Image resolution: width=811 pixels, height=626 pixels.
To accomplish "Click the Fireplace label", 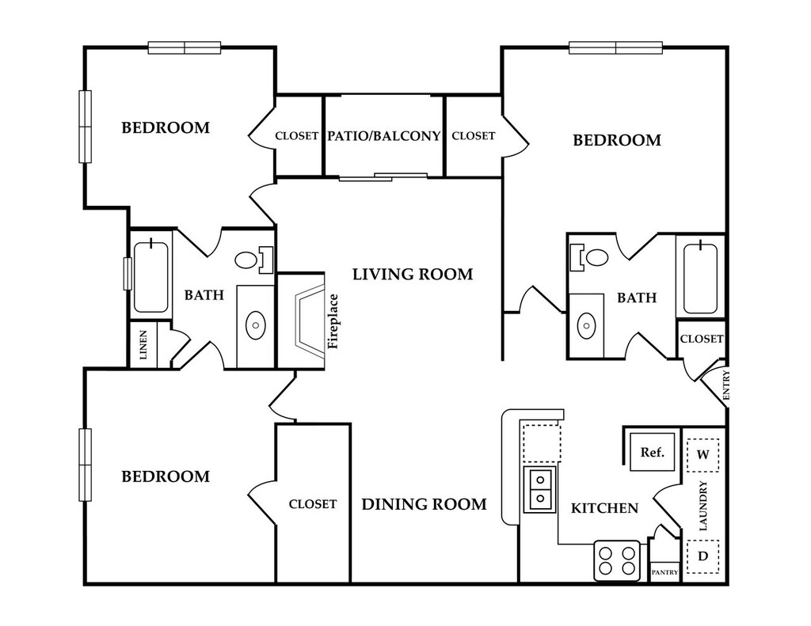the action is (x=333, y=321).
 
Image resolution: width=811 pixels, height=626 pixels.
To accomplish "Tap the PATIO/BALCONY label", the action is (x=384, y=135).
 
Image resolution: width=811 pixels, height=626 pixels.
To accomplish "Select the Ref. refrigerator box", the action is (x=653, y=453).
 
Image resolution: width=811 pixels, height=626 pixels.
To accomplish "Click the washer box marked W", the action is (x=702, y=455).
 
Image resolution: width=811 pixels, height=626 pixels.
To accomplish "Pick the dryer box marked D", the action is (x=702, y=556).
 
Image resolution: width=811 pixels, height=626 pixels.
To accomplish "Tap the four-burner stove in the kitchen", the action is (x=617, y=560).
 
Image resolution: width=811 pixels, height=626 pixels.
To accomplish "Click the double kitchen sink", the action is (x=540, y=489).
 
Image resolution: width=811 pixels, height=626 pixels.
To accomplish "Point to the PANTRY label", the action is (x=664, y=572).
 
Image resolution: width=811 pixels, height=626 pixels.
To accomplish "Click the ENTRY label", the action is (x=725, y=385).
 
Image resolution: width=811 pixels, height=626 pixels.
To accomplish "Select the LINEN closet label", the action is (x=143, y=345).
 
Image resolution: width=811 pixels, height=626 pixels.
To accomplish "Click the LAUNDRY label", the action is (x=703, y=506).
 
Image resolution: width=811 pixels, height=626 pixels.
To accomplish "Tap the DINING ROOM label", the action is (x=425, y=504).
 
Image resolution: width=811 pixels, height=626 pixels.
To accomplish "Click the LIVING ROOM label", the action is (x=413, y=274).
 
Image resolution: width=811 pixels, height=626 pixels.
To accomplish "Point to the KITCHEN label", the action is (x=604, y=508).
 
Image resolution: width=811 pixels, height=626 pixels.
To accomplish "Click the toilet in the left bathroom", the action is (x=253, y=260).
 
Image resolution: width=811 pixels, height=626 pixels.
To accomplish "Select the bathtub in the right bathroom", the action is (x=700, y=278).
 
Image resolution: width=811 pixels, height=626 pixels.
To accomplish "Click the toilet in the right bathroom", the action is (x=589, y=257).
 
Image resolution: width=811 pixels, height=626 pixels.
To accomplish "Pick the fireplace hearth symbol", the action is (x=310, y=321).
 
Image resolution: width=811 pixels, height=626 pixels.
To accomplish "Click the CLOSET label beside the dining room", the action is (x=312, y=504).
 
